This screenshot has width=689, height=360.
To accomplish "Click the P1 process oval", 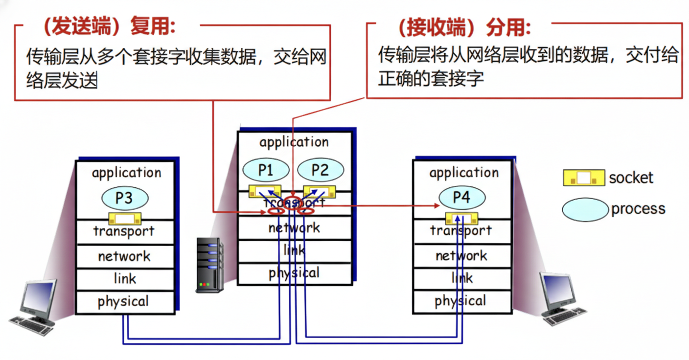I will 265,170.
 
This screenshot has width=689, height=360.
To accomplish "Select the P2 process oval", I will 320,170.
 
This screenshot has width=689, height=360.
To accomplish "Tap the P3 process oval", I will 124,198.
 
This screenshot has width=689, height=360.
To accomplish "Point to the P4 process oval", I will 461,198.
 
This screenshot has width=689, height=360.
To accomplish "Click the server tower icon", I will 209,265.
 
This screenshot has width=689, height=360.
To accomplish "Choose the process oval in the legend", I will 585,209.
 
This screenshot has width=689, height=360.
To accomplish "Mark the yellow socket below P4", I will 461,218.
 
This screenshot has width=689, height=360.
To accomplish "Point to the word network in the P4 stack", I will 461,256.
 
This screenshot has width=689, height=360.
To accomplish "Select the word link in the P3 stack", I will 124,279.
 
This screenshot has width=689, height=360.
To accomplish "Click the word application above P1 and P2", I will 294,142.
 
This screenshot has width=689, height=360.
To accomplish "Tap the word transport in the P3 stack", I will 124,231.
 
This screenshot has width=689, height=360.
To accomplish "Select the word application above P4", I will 464,173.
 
